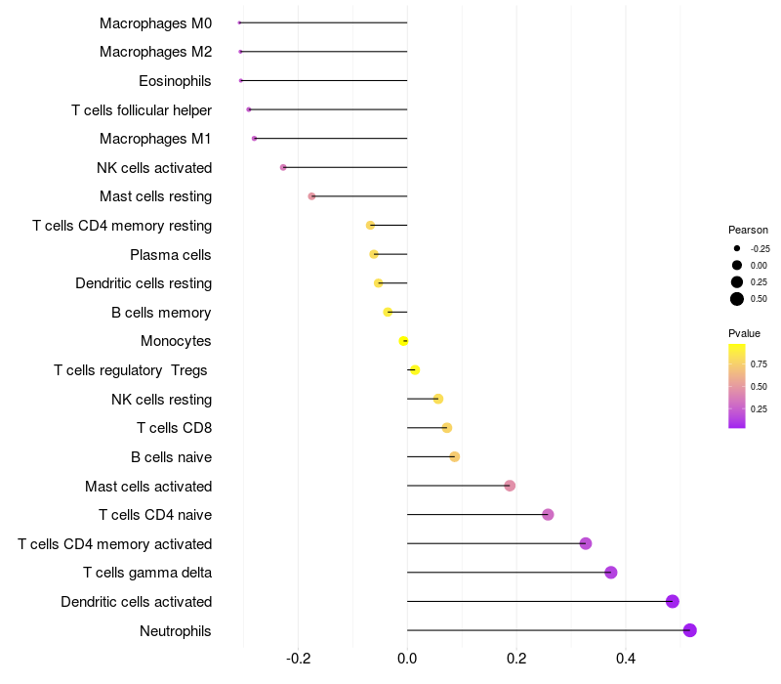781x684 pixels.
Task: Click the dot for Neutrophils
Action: point(690,630)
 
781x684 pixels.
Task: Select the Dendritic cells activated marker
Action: point(673,601)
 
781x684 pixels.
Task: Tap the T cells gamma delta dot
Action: point(611,573)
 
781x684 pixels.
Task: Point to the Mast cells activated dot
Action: point(510,486)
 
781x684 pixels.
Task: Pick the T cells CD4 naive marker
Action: point(548,515)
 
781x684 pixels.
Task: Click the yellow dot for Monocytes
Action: point(403,341)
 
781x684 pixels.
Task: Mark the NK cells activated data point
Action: point(283,167)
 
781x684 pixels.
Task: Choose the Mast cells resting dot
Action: point(311,196)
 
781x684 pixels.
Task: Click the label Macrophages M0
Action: point(155,22)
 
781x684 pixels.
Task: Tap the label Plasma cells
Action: point(170,254)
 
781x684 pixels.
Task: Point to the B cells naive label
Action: point(171,456)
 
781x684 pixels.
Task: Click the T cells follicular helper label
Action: point(142,109)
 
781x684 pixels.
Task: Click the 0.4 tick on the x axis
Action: point(626,659)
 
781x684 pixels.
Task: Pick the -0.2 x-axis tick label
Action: point(298,659)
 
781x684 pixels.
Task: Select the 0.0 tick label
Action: point(407,659)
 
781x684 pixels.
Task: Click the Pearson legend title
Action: point(748,230)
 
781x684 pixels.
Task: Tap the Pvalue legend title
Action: point(744,333)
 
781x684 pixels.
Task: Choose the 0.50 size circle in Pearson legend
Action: point(737,299)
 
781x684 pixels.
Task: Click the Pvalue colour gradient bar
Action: point(737,385)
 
